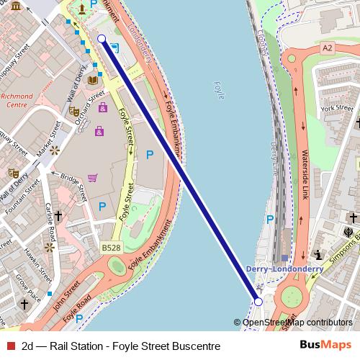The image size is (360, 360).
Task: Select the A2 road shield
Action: click(328, 48)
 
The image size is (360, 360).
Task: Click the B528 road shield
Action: click(110, 248)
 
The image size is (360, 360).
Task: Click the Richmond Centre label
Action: click(17, 100)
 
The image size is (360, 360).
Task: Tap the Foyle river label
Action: click(220, 89)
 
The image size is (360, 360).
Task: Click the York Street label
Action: click(337, 108)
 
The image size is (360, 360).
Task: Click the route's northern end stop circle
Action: click(102, 39)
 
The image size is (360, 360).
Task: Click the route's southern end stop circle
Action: click(259, 302)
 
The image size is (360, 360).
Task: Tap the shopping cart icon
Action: click(92, 178)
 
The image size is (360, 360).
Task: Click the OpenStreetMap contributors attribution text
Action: click(297, 323)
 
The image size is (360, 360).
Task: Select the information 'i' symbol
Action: click(318, 254)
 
